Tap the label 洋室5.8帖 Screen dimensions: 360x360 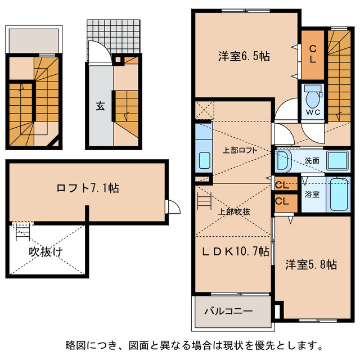[310, 264]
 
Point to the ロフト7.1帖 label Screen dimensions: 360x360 [87, 188]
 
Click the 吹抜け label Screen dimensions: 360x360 [46, 252]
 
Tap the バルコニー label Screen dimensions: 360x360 [228, 310]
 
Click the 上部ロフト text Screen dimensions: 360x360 [232, 151]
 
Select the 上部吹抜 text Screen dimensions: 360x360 [234, 211]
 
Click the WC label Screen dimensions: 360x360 [313, 112]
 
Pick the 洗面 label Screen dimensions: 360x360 [312, 160]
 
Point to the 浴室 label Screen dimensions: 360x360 [312, 195]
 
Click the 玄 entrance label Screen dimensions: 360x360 [100, 106]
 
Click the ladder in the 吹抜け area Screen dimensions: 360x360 [21, 230]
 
